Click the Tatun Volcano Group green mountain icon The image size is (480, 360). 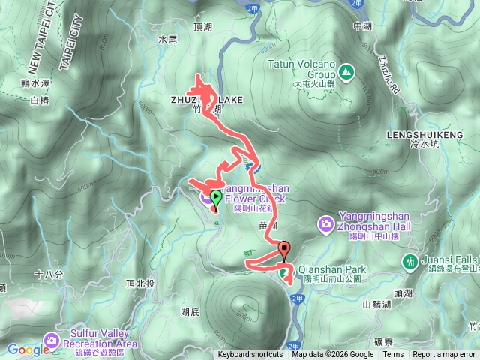(346, 71)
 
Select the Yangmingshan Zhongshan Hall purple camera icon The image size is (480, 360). (326, 223)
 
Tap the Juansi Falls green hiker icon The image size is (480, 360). (410, 262)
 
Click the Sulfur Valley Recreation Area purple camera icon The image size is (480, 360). (51, 340)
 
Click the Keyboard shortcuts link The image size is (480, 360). (250, 355)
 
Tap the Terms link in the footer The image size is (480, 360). (393, 355)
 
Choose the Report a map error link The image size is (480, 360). (445, 355)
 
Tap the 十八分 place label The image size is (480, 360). (46, 275)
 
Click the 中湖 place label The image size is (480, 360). (362, 25)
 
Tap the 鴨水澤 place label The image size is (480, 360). (36, 82)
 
